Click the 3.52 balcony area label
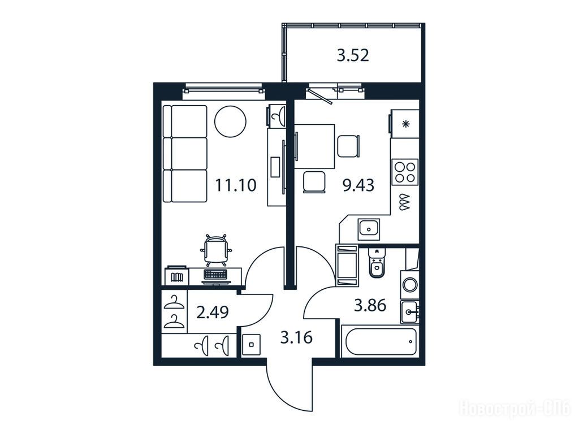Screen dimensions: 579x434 coord(353,56)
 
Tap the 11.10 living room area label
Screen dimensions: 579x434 coord(236,185)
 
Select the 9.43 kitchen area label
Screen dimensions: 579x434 coord(358,185)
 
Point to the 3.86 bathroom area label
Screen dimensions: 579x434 coord(370,306)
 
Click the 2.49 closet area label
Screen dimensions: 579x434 coord(213,313)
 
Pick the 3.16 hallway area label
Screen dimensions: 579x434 coord(296,337)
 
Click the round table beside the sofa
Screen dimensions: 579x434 coord(231,122)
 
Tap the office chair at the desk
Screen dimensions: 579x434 coord(216,249)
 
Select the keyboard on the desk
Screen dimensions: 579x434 coord(216,274)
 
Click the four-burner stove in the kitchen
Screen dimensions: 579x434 coord(405,172)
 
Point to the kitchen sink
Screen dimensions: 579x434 coord(369,229)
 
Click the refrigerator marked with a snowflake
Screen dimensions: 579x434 coord(404,124)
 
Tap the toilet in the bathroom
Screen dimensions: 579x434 coord(377,263)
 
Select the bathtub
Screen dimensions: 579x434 coord(379,341)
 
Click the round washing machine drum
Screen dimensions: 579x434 coord(410,285)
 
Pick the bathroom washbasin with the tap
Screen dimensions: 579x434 coord(409,312)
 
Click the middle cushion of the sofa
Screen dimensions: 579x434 coord(185,154)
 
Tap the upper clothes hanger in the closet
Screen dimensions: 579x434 coord(174,302)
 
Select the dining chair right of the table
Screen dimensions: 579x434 coord(348,146)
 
